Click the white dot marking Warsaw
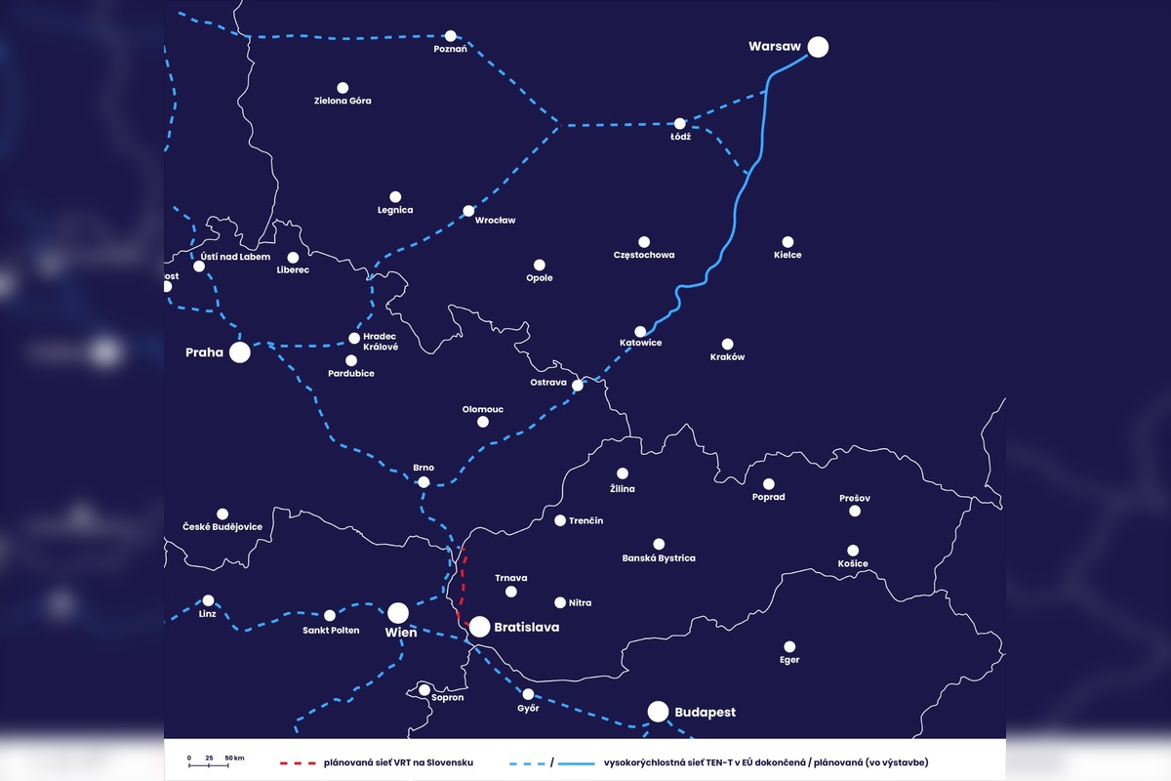[x=818, y=47]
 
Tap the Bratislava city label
[x=527, y=628]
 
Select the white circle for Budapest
[x=659, y=712]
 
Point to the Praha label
[x=205, y=352]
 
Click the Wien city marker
[x=398, y=613]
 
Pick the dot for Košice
[x=853, y=551]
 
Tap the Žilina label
[x=622, y=489]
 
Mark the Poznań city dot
[x=450, y=35]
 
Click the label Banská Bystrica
[x=659, y=558]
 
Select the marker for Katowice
[x=640, y=332]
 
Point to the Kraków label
[x=727, y=357]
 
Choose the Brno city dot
[x=424, y=482]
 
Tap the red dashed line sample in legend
[x=300, y=761]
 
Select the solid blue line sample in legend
[x=578, y=761]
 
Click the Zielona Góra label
[x=343, y=102]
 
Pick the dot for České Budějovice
[x=222, y=514]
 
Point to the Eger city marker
[x=789, y=646]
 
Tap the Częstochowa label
[x=644, y=256]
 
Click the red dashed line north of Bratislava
[x=463, y=586]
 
